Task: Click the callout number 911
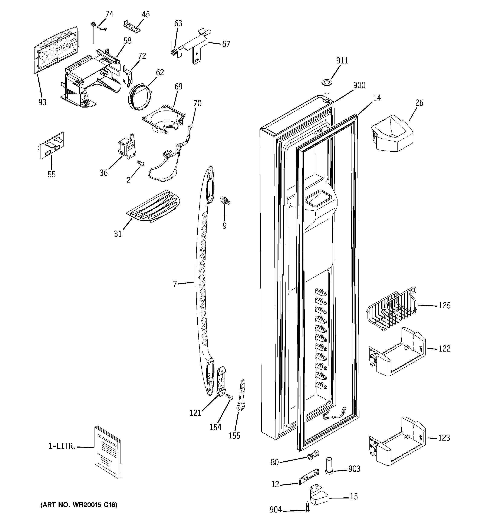342,61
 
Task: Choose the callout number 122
444,348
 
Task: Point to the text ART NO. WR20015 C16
79,505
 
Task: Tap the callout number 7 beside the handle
175,284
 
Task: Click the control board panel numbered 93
57,49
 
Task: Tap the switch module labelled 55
52,145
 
